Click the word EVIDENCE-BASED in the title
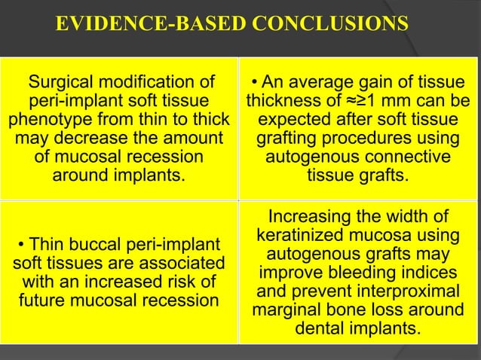point(136,24)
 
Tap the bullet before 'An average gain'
point(256,83)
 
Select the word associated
point(184,264)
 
